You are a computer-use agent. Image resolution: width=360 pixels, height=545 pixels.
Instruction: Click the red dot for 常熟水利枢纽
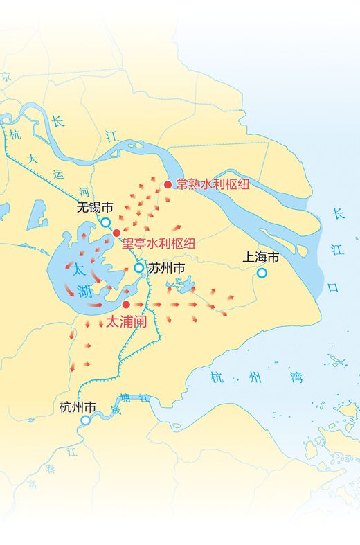click(x=168, y=184)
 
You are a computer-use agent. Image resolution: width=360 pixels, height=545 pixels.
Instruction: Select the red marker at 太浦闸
click(x=126, y=304)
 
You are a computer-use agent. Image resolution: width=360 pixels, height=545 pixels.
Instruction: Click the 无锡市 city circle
click(x=106, y=222)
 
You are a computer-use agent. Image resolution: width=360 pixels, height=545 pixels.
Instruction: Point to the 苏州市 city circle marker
click(x=139, y=267)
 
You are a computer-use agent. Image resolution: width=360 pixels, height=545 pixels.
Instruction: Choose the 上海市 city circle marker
click(x=262, y=273)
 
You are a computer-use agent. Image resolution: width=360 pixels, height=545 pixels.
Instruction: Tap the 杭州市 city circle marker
click(x=85, y=420)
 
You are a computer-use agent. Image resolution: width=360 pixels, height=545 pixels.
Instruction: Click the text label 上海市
click(x=260, y=258)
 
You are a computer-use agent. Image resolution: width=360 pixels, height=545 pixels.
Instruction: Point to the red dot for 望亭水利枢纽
click(x=117, y=233)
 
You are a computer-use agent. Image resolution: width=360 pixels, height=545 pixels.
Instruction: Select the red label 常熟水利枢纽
click(x=212, y=184)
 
